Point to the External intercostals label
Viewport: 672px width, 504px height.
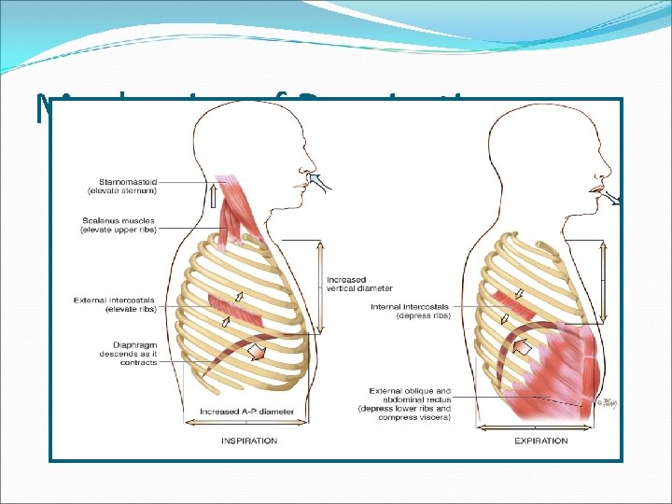coord(117,303)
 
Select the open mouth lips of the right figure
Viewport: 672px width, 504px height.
coord(595,191)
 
